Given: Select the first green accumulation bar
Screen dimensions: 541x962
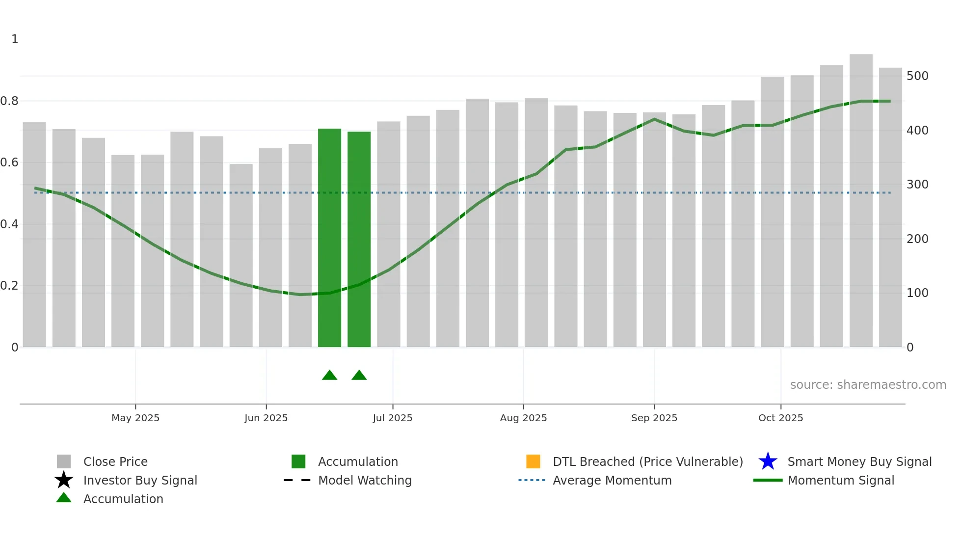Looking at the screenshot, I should [x=329, y=238].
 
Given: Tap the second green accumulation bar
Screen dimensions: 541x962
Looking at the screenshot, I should [x=359, y=239].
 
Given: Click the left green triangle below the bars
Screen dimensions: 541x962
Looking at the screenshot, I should [x=329, y=376].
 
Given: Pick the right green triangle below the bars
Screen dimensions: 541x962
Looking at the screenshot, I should [x=359, y=376].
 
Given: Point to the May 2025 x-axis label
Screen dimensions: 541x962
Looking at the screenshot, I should [x=135, y=418].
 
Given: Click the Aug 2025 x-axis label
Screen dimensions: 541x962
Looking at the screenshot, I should [x=523, y=418].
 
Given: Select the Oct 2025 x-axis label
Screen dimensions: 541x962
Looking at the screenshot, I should [x=780, y=418].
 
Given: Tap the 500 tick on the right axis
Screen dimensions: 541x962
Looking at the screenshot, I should [x=917, y=76].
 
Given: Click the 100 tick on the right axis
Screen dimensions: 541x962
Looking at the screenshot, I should [x=917, y=293].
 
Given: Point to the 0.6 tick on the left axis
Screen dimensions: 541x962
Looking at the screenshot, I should [x=9, y=162].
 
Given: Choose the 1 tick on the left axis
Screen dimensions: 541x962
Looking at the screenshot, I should [x=15, y=39].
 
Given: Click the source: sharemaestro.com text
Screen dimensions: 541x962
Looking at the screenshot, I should [x=868, y=385].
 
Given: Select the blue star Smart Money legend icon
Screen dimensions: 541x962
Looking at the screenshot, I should [x=768, y=461].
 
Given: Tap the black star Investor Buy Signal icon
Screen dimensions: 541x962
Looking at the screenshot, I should [x=64, y=480].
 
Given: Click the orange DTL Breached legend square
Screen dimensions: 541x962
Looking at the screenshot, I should [x=533, y=461].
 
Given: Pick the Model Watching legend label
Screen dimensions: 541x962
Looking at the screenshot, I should [x=365, y=480].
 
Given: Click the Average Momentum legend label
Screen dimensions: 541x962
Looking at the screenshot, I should [x=612, y=480].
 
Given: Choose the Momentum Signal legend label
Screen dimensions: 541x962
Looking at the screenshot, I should [x=841, y=480].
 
